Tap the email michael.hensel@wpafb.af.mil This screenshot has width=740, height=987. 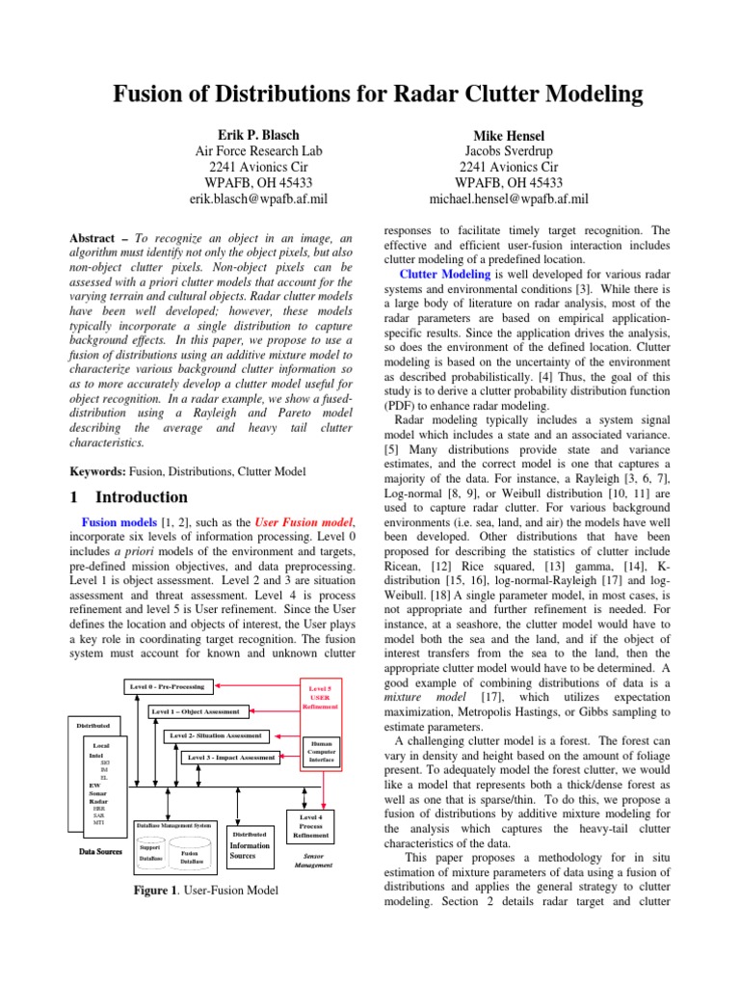(508, 199)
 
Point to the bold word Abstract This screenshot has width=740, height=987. (99, 237)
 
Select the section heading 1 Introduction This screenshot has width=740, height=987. (130, 497)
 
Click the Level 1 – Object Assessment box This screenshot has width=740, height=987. (196, 712)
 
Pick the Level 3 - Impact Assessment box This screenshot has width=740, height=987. (231, 759)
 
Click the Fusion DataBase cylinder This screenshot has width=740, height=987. (190, 856)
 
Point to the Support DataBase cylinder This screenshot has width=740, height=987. (151, 852)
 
